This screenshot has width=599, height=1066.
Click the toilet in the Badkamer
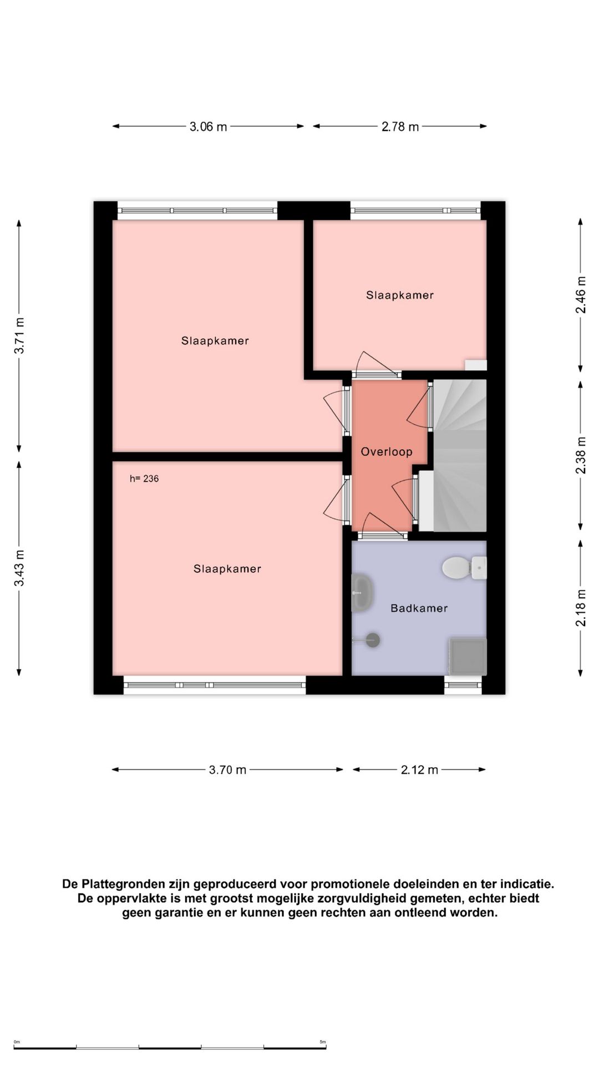[464, 568]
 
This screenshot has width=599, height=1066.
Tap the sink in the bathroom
[362, 593]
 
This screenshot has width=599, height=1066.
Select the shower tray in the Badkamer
[468, 656]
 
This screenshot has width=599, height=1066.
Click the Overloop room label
[387, 452]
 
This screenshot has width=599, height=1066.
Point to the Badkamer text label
[419, 608]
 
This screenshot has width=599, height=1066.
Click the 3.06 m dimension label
[208, 127]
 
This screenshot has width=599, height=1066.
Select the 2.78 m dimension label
[400, 127]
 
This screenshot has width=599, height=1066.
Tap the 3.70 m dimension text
[227, 770]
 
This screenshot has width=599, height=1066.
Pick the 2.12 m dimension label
[419, 770]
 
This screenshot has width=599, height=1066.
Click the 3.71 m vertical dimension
[19, 335]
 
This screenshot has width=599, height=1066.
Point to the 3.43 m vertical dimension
[19, 568]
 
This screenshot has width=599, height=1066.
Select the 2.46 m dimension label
[581, 295]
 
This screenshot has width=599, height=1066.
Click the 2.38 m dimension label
[581, 455]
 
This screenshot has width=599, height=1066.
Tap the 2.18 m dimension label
[581, 608]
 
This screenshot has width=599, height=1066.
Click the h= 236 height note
[144, 479]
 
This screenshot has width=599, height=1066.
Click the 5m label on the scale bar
[323, 1042]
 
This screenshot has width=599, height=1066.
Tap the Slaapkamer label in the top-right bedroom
[400, 295]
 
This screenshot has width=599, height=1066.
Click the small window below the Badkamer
[463, 685]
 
